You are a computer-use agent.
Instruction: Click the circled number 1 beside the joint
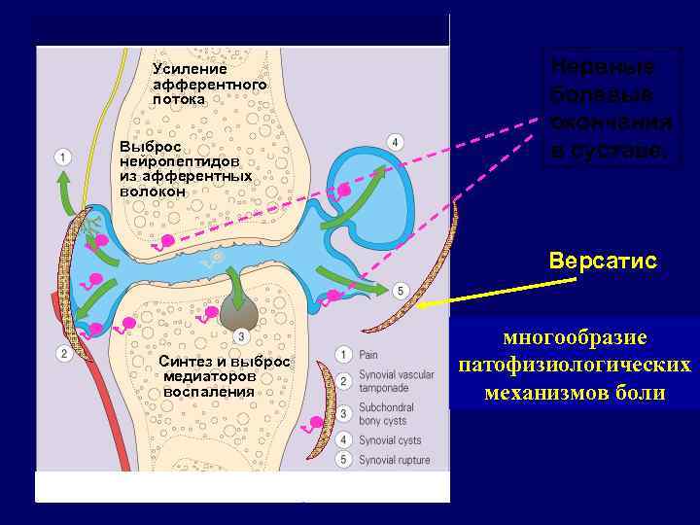63,157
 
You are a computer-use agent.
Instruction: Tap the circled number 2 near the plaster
63,353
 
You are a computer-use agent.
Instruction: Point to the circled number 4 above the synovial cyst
394,142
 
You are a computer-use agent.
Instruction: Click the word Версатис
603,262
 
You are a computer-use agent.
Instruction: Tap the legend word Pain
369,356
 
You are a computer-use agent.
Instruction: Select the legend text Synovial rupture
395,461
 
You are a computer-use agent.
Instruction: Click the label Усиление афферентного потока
209,84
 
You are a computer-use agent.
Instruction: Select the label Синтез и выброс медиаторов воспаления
224,375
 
